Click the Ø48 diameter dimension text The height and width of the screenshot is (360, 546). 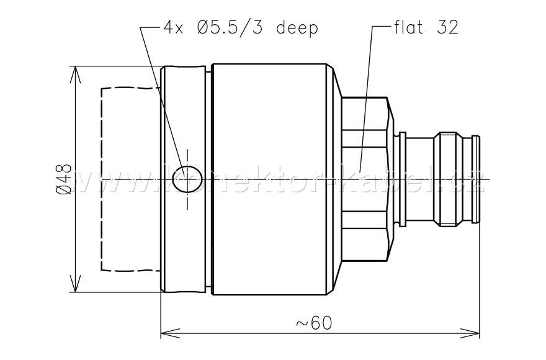[x=65, y=179]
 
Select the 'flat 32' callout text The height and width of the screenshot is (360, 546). [x=426, y=28]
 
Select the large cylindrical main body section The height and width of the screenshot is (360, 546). [x=270, y=179]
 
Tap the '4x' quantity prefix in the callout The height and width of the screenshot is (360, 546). [x=174, y=28]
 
